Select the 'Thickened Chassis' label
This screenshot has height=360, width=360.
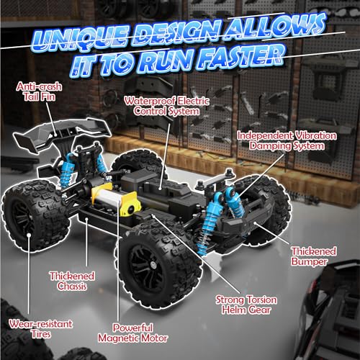coord(73,281)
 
